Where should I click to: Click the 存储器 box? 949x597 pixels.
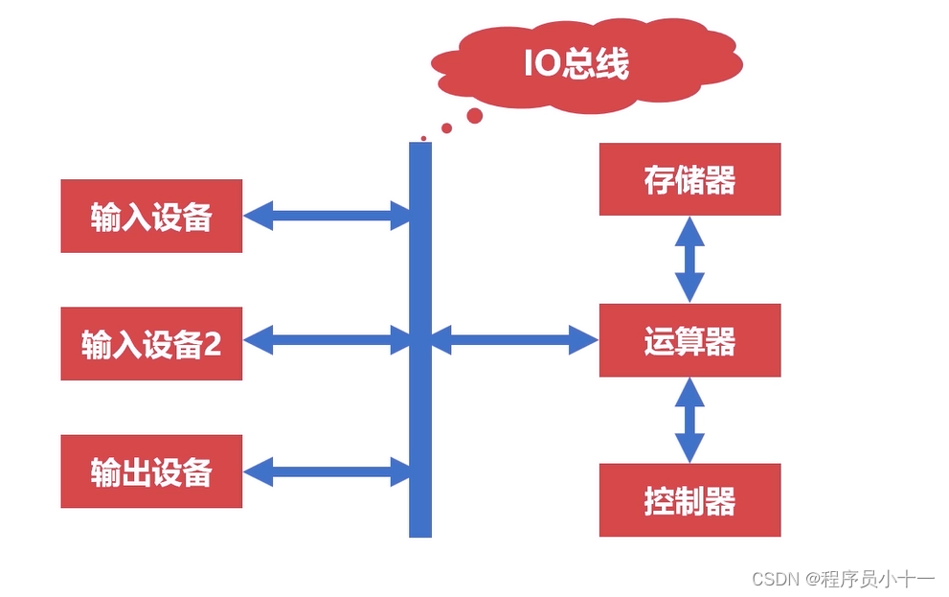tap(689, 179)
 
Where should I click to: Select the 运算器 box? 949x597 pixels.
tap(689, 340)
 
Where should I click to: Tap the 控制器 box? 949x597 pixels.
tap(689, 500)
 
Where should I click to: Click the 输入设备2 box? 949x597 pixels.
tap(151, 344)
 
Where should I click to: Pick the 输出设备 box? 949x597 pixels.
tap(151, 471)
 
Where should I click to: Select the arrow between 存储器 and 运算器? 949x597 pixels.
tap(689, 260)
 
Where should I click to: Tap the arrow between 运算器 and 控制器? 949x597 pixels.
tap(689, 420)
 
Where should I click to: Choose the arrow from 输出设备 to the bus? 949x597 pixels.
tap(327, 471)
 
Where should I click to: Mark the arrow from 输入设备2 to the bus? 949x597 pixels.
tap(327, 338)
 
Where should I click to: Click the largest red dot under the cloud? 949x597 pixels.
tap(474, 116)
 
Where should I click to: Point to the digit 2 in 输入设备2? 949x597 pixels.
tap(212, 344)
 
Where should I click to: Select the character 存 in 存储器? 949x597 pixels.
tap(660, 179)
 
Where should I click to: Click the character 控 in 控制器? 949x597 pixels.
tap(660, 500)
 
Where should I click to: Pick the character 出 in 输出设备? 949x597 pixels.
tap(136, 471)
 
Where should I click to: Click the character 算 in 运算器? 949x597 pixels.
tap(689, 340)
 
